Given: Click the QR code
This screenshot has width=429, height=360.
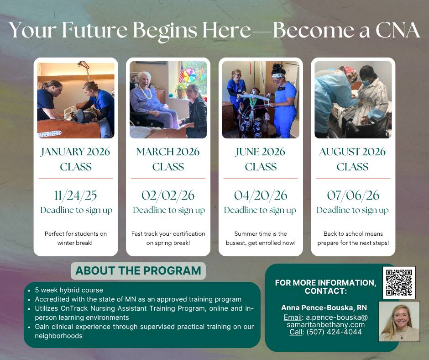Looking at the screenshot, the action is pyautogui.click(x=399, y=282).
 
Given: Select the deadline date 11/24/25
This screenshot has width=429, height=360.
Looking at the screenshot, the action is pyautogui.click(x=75, y=196).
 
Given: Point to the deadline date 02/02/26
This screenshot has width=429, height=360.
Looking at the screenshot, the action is pyautogui.click(x=168, y=196).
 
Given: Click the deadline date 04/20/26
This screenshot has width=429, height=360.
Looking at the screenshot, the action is pyautogui.click(x=261, y=196).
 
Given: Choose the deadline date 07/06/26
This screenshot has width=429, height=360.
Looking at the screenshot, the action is pyautogui.click(x=353, y=196).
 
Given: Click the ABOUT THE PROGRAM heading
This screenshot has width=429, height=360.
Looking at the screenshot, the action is pyautogui.click(x=138, y=270).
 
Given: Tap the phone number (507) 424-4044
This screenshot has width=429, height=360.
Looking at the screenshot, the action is pyautogui.click(x=334, y=332).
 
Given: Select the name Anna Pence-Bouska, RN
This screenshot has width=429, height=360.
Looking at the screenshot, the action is pyautogui.click(x=324, y=307).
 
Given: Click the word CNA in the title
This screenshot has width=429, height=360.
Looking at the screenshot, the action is pyautogui.click(x=398, y=30).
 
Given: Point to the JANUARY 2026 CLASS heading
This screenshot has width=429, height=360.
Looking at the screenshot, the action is pyautogui.click(x=75, y=159).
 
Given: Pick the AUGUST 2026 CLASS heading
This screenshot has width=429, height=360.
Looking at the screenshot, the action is pyautogui.click(x=352, y=159).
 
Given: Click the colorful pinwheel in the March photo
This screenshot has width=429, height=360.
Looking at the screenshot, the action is pyautogui.click(x=188, y=75).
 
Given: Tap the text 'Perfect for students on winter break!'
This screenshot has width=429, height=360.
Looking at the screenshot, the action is pyautogui.click(x=75, y=238).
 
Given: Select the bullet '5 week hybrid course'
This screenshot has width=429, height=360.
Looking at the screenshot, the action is pyautogui.click(x=69, y=290).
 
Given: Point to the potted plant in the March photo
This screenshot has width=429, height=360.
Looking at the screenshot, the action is pyautogui.click(x=181, y=90).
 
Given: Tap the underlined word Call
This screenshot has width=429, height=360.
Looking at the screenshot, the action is pyautogui.click(x=296, y=332).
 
